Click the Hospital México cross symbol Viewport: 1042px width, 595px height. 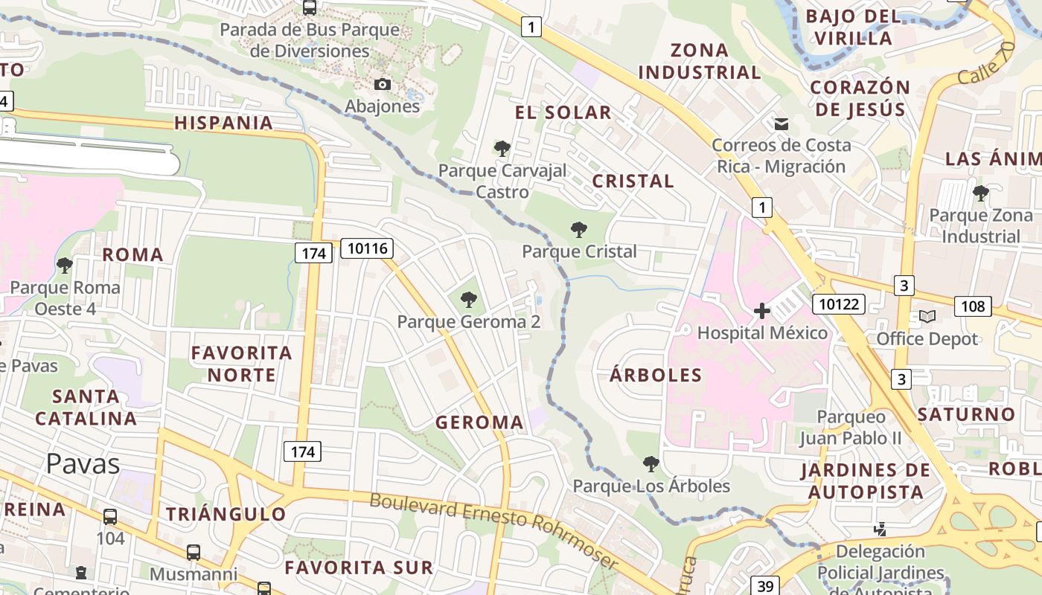[x=761, y=311]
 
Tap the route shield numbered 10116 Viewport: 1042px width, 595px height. [x=367, y=248]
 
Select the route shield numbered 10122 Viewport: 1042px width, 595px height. [x=838, y=303]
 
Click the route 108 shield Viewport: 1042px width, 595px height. [x=972, y=306]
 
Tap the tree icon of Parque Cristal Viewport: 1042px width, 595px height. [x=578, y=230]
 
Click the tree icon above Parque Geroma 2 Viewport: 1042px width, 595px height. [x=468, y=300]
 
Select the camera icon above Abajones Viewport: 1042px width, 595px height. [x=382, y=85]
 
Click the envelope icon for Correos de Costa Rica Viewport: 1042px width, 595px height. [x=781, y=123]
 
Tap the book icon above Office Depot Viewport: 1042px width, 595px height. [x=927, y=317]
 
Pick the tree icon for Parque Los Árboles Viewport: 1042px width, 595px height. [x=651, y=464]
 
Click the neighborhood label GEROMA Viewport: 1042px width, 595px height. [x=479, y=422]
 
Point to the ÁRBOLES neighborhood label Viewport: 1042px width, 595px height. [x=656, y=374]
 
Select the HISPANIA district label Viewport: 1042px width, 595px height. [x=223, y=123]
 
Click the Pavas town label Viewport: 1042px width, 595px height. [x=83, y=463]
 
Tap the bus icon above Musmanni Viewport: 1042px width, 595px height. [x=194, y=553]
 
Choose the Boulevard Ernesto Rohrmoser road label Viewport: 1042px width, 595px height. [x=493, y=531]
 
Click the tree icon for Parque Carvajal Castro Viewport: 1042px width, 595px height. [x=502, y=149]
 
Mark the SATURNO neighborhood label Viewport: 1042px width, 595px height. [x=966, y=414]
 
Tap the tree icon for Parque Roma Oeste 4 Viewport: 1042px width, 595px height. [x=65, y=265]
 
